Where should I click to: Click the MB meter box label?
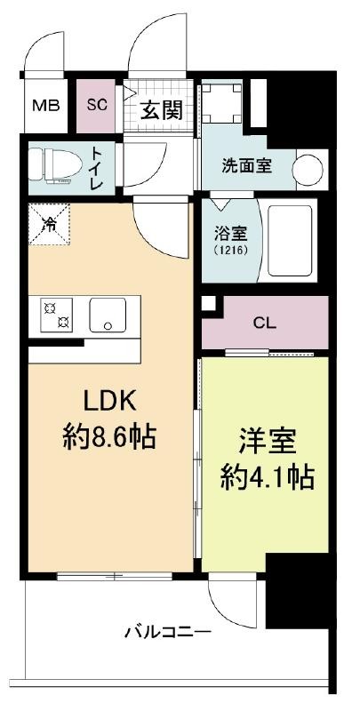(x=46, y=106)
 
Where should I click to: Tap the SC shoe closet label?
(x=97, y=105)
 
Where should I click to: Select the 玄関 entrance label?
(x=161, y=109)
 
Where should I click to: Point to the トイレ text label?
(x=98, y=166)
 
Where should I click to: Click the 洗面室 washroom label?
(x=246, y=166)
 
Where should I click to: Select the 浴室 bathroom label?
(x=231, y=236)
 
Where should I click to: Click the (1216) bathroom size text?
(x=231, y=251)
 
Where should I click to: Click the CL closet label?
(x=265, y=323)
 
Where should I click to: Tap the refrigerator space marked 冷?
(x=50, y=225)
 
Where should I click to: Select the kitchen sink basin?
(x=108, y=316)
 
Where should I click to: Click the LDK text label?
(x=109, y=401)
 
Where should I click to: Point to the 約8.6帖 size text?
(x=109, y=436)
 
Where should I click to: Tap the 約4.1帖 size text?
(x=268, y=476)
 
